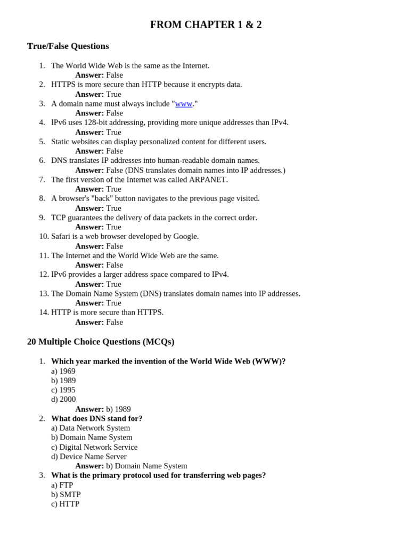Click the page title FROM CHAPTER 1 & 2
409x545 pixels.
point(206,25)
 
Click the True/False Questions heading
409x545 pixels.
point(68,46)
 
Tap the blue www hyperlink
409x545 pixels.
point(184,104)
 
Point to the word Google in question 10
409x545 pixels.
point(185,236)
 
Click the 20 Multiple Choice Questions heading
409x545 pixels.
point(101,342)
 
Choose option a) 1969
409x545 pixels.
point(63,371)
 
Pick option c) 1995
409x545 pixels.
point(63,390)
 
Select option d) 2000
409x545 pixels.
point(63,399)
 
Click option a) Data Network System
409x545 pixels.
point(91,428)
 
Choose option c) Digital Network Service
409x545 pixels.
point(94,447)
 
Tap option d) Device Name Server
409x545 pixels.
point(89,457)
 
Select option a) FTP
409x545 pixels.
point(62,485)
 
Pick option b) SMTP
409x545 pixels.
point(66,494)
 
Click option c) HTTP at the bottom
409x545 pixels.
point(65,504)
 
